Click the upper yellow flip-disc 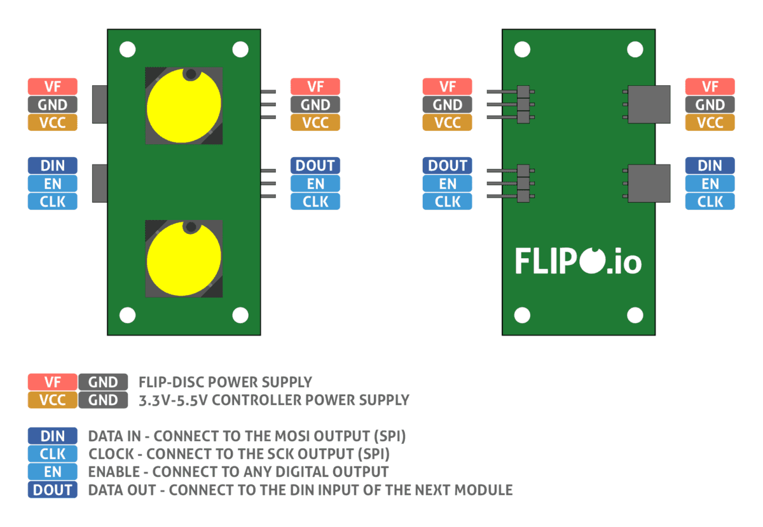(184, 106)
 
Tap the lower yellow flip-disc (184, 259)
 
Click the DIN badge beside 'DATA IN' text (53, 436)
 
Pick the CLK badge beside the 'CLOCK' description (53, 454)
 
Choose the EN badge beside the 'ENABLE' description (53, 472)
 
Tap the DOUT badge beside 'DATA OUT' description (53, 490)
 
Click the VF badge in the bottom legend (53, 382)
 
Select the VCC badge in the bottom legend (53, 400)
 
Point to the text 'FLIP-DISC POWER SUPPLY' (225, 382)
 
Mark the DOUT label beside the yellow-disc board (315, 166)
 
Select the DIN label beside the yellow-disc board (53, 166)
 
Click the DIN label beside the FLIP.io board (710, 166)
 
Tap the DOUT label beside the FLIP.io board (448, 166)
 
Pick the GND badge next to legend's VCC (103, 400)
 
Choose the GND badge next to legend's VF (103, 382)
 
